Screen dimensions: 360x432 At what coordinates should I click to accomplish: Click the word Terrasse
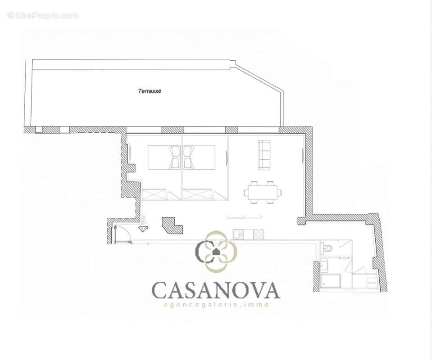(150, 91)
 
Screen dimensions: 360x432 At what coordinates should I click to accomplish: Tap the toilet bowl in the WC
(327, 247)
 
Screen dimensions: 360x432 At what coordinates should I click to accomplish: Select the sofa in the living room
(264, 155)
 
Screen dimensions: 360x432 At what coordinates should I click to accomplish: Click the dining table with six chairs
(263, 193)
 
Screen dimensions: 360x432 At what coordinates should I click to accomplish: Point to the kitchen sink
(238, 234)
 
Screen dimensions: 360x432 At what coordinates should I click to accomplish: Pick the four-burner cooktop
(258, 234)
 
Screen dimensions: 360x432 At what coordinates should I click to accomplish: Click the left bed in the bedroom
(164, 157)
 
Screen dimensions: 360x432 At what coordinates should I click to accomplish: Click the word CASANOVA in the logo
(216, 290)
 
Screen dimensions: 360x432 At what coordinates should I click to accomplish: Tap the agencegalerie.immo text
(216, 305)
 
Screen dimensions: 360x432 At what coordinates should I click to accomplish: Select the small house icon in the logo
(216, 251)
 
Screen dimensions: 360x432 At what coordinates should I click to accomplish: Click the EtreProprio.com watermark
(43, 16)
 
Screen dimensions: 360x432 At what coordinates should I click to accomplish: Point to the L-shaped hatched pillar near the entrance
(172, 225)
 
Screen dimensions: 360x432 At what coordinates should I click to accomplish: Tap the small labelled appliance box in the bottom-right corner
(371, 283)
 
